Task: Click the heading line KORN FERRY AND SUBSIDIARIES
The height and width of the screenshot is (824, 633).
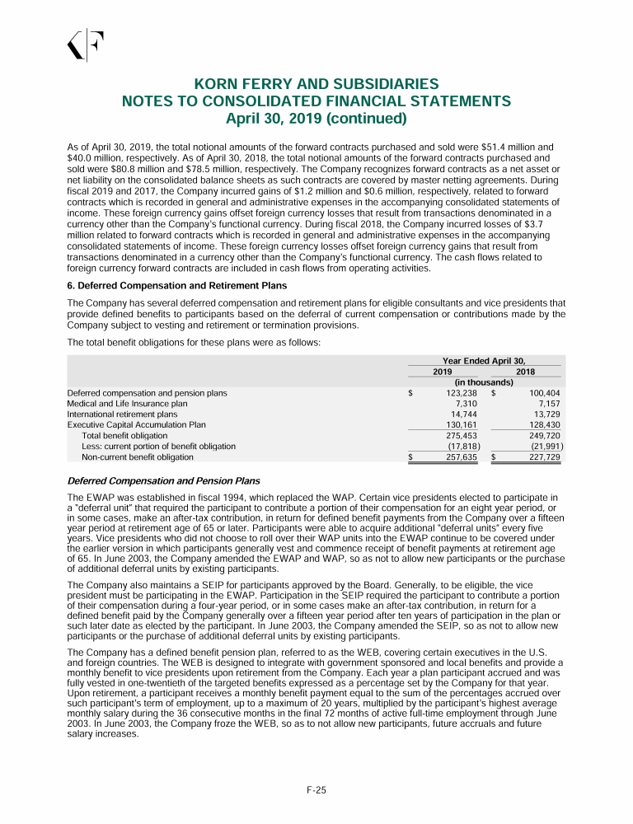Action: click(x=316, y=85)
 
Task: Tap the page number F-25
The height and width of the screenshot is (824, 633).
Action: click(x=316, y=790)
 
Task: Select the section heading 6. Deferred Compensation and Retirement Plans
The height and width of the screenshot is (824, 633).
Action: click(x=176, y=286)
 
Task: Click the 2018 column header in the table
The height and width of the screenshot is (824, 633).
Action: click(x=525, y=372)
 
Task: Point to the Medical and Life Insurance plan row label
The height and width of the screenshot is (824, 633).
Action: click(x=127, y=404)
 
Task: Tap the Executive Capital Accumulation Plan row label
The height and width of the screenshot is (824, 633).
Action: click(x=136, y=425)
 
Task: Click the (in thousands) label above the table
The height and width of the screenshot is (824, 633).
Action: click(x=485, y=382)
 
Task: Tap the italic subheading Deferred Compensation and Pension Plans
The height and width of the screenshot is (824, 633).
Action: click(x=163, y=481)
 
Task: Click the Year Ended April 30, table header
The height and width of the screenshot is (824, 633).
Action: click(x=485, y=361)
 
